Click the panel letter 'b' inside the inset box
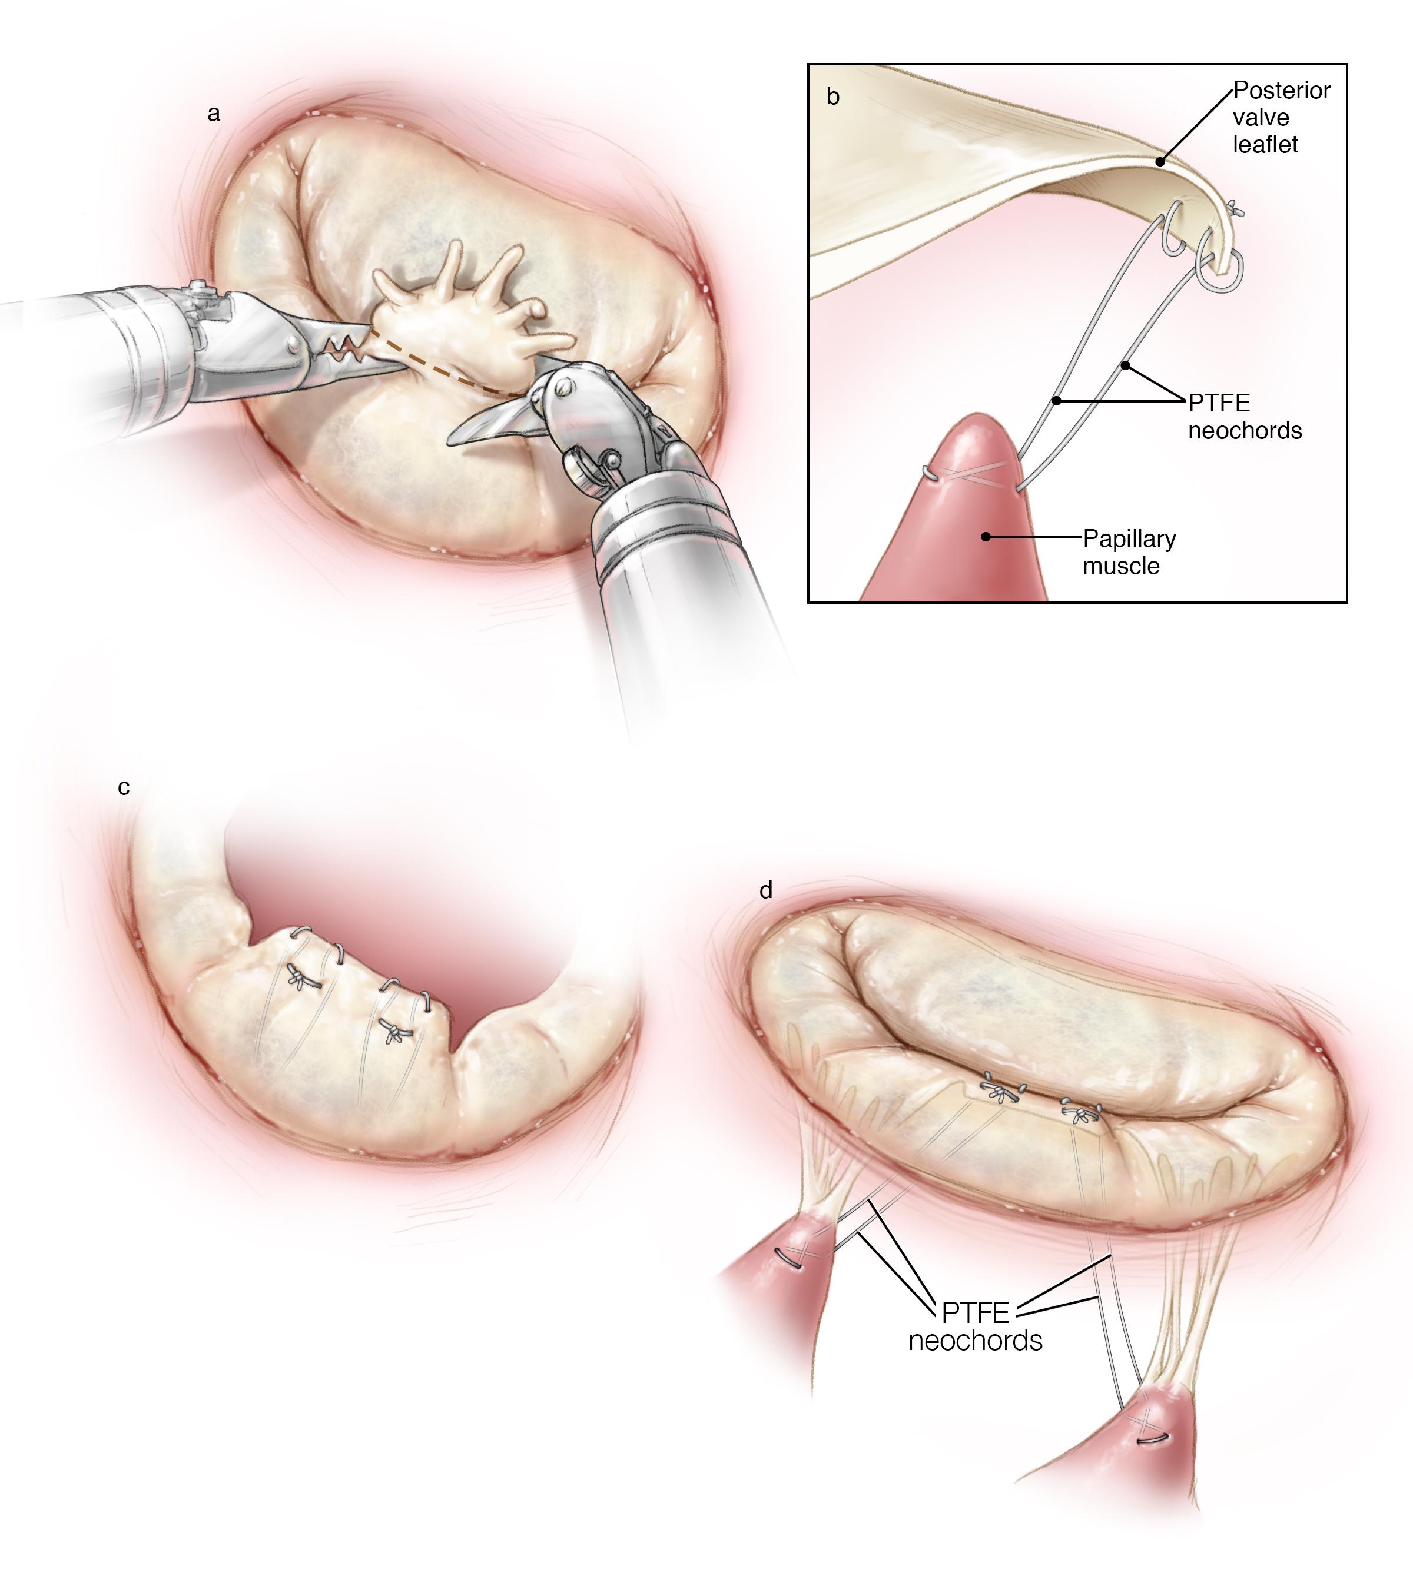pyautogui.click(x=834, y=97)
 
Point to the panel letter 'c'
pyautogui.click(x=124, y=788)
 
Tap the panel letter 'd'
pyautogui.click(x=766, y=890)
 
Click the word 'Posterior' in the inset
pyautogui.click(x=1282, y=91)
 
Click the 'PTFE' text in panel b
pyautogui.click(x=1219, y=404)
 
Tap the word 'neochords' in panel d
pyautogui.click(x=976, y=1341)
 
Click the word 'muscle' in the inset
pyautogui.click(x=1121, y=566)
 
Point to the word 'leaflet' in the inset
pyautogui.click(x=1265, y=144)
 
